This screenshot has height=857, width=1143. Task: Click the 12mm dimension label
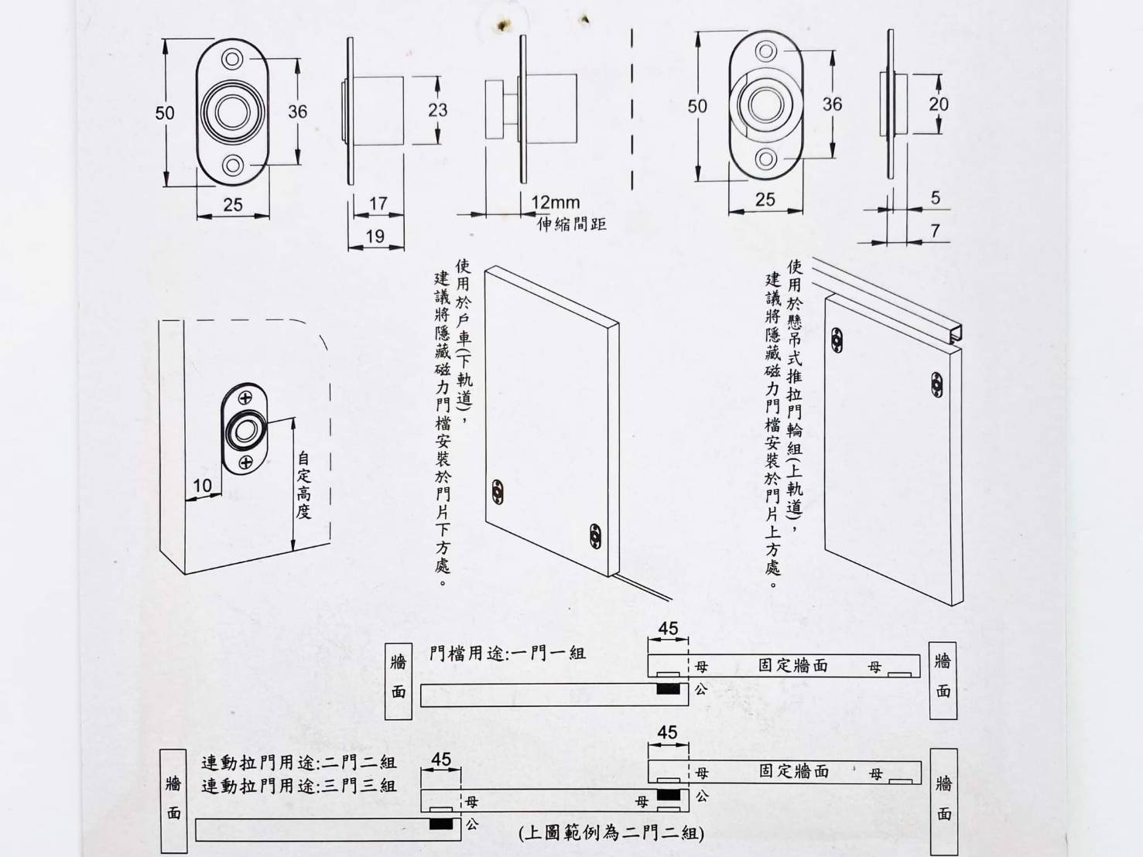tap(555, 203)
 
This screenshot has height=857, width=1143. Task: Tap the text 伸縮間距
tap(572, 224)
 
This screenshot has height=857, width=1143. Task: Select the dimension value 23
tap(437, 110)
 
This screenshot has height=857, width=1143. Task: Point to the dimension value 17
tap(378, 203)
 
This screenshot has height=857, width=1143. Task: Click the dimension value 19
tap(375, 236)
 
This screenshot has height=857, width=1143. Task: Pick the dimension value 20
tap(938, 104)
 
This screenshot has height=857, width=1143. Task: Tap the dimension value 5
tap(935, 198)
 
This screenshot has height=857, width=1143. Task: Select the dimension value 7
tap(935, 230)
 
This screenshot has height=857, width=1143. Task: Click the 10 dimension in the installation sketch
tap(202, 485)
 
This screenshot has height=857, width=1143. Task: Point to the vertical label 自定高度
tap(304, 485)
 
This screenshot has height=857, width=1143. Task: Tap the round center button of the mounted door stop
tap(245, 432)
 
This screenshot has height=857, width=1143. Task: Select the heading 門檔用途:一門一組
tap(507, 654)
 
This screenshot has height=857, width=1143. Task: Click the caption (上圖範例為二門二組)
tap(611, 833)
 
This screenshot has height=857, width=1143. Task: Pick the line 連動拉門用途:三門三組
tap(299, 787)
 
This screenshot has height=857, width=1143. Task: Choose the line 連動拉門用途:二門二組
tap(299, 763)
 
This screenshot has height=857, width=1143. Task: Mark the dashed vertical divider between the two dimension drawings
tap(632, 108)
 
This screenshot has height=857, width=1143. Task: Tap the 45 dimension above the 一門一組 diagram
tap(668, 629)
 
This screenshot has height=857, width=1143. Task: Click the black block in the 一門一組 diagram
tap(668, 688)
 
